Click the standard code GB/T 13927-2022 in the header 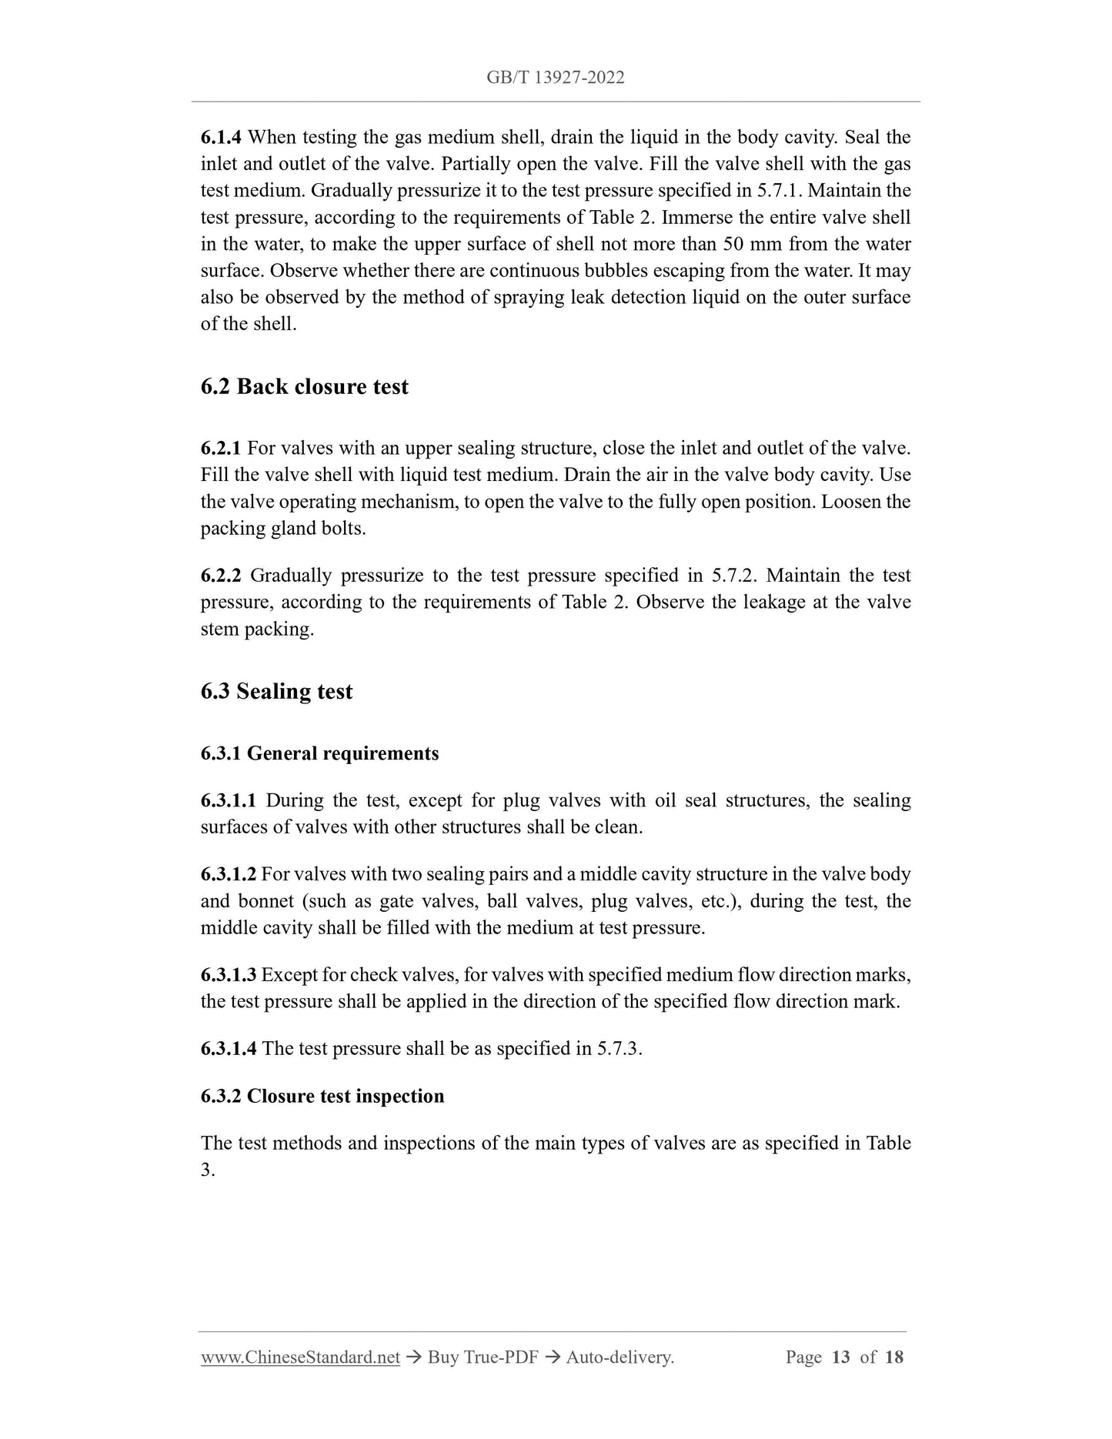click(x=555, y=77)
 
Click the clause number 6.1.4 click(x=221, y=138)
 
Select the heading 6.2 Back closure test click(x=304, y=386)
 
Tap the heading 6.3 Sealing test click(x=276, y=691)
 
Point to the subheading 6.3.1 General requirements click(x=319, y=753)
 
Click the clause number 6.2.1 click(x=221, y=449)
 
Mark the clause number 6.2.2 click(x=221, y=576)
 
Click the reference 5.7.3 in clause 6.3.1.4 click(x=618, y=1049)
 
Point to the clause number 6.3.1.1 click(x=229, y=800)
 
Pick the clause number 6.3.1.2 click(x=229, y=874)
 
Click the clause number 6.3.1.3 click(x=229, y=975)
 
